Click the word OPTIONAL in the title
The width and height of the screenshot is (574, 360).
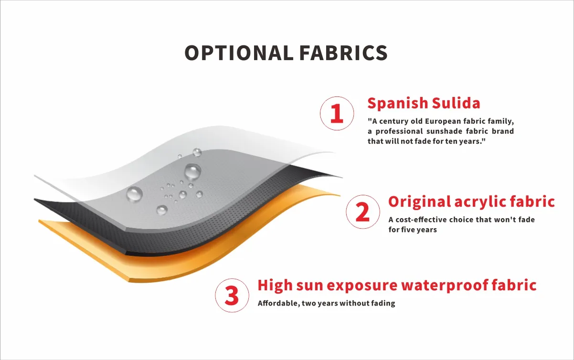pos(239,53)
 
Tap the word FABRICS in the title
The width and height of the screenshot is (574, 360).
pos(343,53)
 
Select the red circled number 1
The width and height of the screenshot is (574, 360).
pos(337,113)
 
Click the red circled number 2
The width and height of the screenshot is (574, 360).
pos(363,212)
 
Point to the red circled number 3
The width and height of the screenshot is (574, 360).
pos(232,296)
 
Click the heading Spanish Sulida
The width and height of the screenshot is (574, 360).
pos(424,103)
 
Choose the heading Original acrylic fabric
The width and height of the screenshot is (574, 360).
pos(471,201)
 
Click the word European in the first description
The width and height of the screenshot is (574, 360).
pos(445,121)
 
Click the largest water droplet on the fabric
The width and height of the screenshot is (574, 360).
pos(193,171)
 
